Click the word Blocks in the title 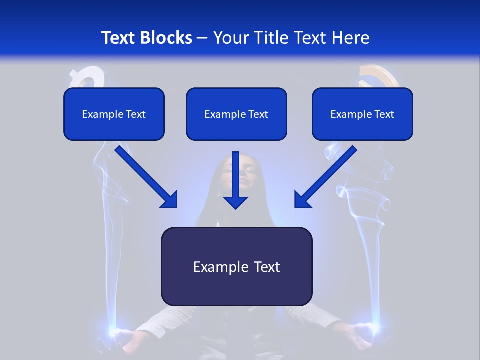point(167,38)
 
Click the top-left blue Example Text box point(114,114)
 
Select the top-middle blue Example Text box point(236,114)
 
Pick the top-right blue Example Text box point(362,114)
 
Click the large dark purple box point(236,266)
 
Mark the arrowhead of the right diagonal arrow point(302,200)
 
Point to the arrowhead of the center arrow point(236,202)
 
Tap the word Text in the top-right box point(384,114)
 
